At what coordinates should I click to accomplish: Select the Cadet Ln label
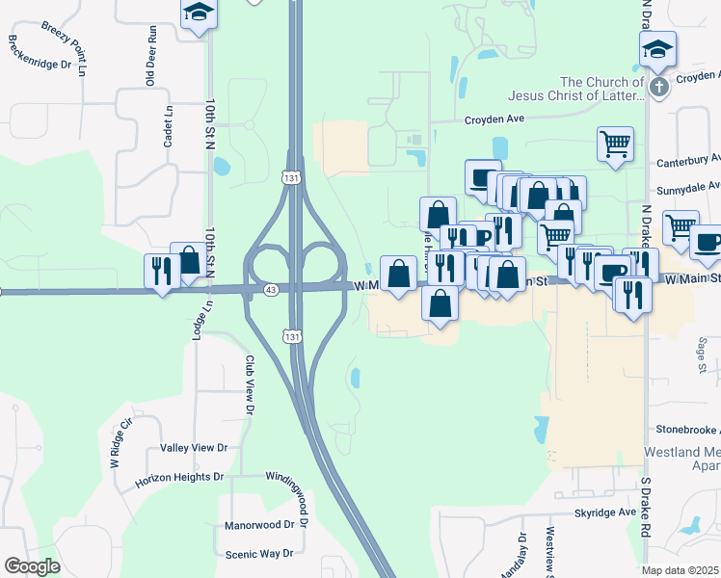[x=169, y=125]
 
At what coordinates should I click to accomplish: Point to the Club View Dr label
[x=249, y=384]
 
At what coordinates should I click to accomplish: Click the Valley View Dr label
[x=194, y=448]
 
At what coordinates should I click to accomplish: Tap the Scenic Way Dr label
[x=258, y=554]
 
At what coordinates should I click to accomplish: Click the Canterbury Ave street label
[x=688, y=159]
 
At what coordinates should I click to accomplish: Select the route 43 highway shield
[x=271, y=289]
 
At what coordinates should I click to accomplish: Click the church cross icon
[x=659, y=89]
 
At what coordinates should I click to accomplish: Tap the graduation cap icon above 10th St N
[x=199, y=13]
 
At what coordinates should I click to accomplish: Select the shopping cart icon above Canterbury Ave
[x=615, y=144]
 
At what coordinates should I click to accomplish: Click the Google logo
[x=33, y=566]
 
